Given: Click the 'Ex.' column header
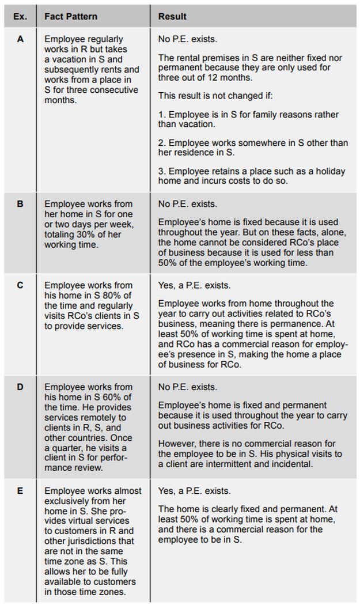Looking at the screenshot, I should point(20,17).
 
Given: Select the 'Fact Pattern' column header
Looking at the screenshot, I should point(71,17).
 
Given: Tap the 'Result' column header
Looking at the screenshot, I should point(172,17).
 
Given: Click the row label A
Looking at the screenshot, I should point(20,39).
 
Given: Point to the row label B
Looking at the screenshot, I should point(20,204).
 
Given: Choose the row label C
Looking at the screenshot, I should point(20,285).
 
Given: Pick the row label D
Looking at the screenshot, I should point(20,387).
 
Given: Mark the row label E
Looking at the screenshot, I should point(20,491).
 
